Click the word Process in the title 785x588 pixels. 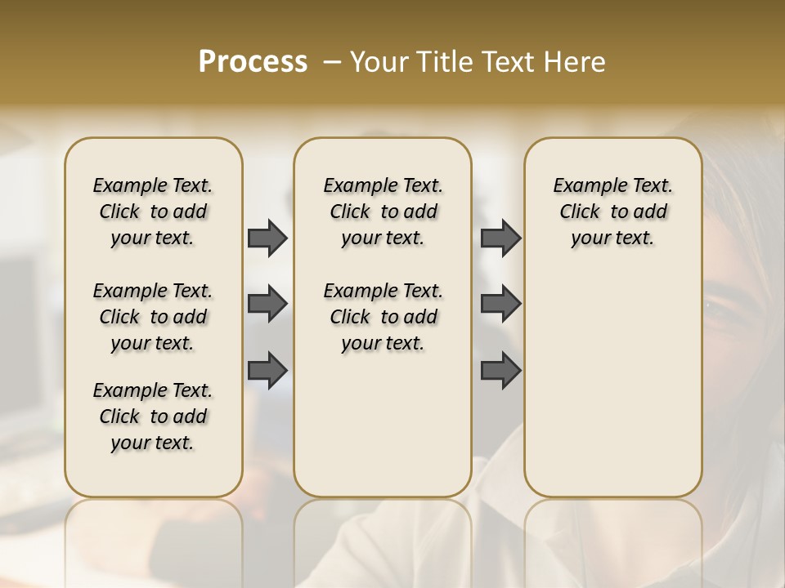point(253,62)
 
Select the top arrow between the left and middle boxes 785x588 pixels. point(267,238)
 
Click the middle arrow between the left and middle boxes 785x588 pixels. point(267,305)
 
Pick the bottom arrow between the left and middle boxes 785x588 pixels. point(267,371)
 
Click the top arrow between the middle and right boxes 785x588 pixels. point(500,238)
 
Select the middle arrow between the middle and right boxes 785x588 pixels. point(500,305)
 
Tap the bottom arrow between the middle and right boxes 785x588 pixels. point(500,371)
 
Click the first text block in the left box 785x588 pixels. point(153,212)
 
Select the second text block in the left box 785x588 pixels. point(153,317)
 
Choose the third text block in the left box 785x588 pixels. point(153,416)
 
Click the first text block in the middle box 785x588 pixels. point(383,212)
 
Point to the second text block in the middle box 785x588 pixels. point(383,317)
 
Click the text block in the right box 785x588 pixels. point(612,212)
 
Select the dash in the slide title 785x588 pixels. point(331,62)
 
